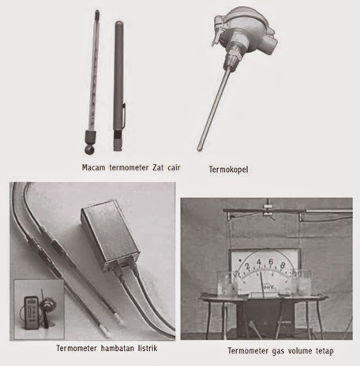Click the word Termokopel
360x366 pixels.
coord(228,170)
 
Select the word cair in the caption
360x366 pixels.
coord(174,167)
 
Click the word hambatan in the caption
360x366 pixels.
coord(118,348)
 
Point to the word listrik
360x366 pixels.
coord(148,348)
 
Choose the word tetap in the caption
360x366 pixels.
coord(324,351)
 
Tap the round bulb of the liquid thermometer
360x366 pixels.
coord(90,150)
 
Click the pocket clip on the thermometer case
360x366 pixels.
coord(123,116)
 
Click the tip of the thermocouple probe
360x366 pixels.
coord(200,149)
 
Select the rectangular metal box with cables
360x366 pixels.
coord(110,234)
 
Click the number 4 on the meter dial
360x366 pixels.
coord(259,262)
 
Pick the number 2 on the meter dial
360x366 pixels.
coord(247,266)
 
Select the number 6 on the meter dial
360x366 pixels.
coord(271,262)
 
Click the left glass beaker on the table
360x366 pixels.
coord(227,283)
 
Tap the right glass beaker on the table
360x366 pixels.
coord(301,282)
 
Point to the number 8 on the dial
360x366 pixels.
coord(283,265)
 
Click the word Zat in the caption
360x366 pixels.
coord(158,167)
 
